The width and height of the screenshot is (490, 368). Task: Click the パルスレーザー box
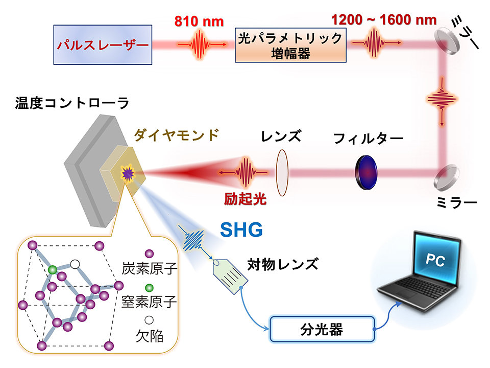click(103, 45)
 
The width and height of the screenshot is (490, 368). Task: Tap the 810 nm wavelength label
click(199, 22)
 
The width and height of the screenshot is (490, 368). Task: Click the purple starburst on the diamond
click(126, 174)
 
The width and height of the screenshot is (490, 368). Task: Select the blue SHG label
click(241, 231)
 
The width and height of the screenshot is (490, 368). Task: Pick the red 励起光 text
click(245, 199)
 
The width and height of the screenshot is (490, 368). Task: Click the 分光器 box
click(322, 329)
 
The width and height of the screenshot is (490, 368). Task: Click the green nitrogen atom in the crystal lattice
click(52, 269)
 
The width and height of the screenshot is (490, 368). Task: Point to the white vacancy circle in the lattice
click(75, 264)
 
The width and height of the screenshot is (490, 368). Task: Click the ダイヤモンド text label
click(176, 135)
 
